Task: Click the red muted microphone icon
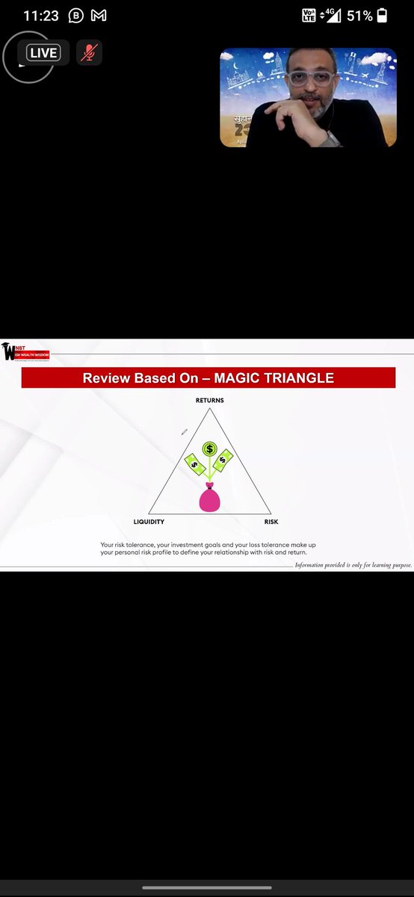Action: (89, 53)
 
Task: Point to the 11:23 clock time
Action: (41, 15)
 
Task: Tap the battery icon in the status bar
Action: (382, 15)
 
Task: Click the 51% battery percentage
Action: (358, 15)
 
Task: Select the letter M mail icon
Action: (98, 15)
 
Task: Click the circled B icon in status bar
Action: (75, 15)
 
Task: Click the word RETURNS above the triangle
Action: (209, 401)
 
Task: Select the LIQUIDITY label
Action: (149, 522)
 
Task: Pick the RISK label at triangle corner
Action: (271, 522)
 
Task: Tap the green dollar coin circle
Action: (210, 449)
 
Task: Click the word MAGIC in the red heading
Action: (241, 378)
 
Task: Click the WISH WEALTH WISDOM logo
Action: (25, 351)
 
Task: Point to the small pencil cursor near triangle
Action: (184, 431)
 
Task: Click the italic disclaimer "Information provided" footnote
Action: (353, 565)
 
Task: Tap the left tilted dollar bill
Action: (195, 465)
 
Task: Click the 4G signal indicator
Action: (330, 15)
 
